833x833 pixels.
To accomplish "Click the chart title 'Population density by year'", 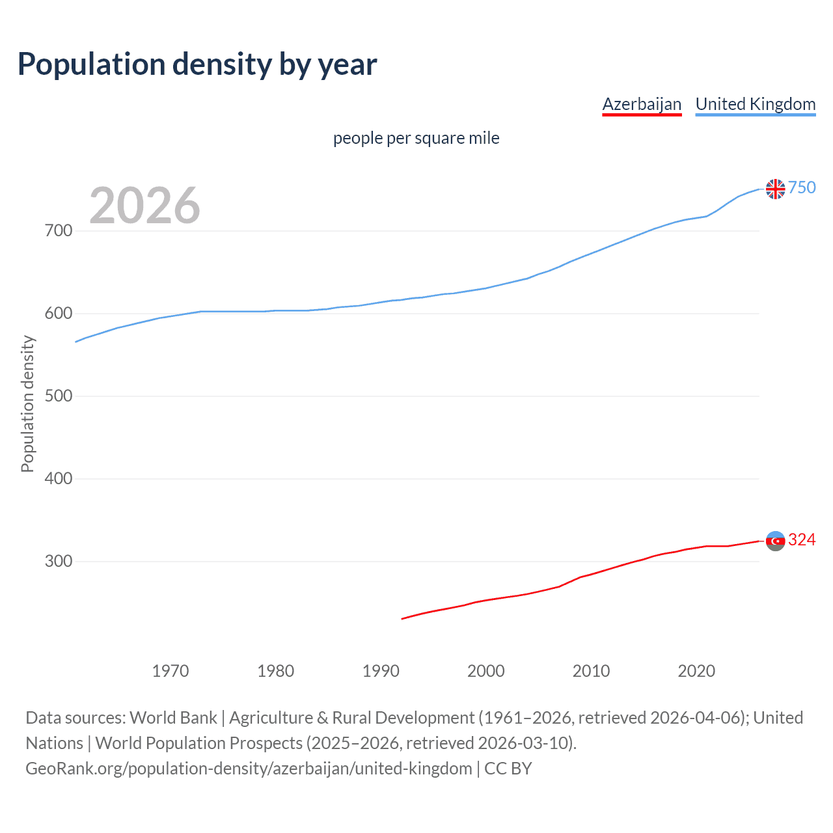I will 197,64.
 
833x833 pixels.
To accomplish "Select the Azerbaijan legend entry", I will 642,104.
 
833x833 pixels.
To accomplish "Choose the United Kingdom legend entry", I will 755,104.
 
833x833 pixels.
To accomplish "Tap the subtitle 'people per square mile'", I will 416,138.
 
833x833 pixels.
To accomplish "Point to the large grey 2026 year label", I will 144,206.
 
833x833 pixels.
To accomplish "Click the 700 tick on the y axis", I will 59,231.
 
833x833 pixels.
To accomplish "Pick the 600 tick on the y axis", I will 59,314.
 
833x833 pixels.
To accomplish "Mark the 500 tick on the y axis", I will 59,396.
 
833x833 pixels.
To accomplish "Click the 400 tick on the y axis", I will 59,479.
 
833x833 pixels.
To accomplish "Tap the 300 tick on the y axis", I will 59,562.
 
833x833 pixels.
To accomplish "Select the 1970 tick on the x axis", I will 171,671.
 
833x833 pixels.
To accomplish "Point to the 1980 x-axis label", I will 276,671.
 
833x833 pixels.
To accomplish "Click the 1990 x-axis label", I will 381,671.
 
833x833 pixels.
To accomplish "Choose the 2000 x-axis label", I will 486,671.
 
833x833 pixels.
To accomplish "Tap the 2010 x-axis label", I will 591,671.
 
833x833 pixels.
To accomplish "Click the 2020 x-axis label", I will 696,671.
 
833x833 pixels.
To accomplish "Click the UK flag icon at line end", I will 775,189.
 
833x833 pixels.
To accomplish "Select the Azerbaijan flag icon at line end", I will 775,541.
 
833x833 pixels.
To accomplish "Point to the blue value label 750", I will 802,188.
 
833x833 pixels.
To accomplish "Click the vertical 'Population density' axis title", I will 27,403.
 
